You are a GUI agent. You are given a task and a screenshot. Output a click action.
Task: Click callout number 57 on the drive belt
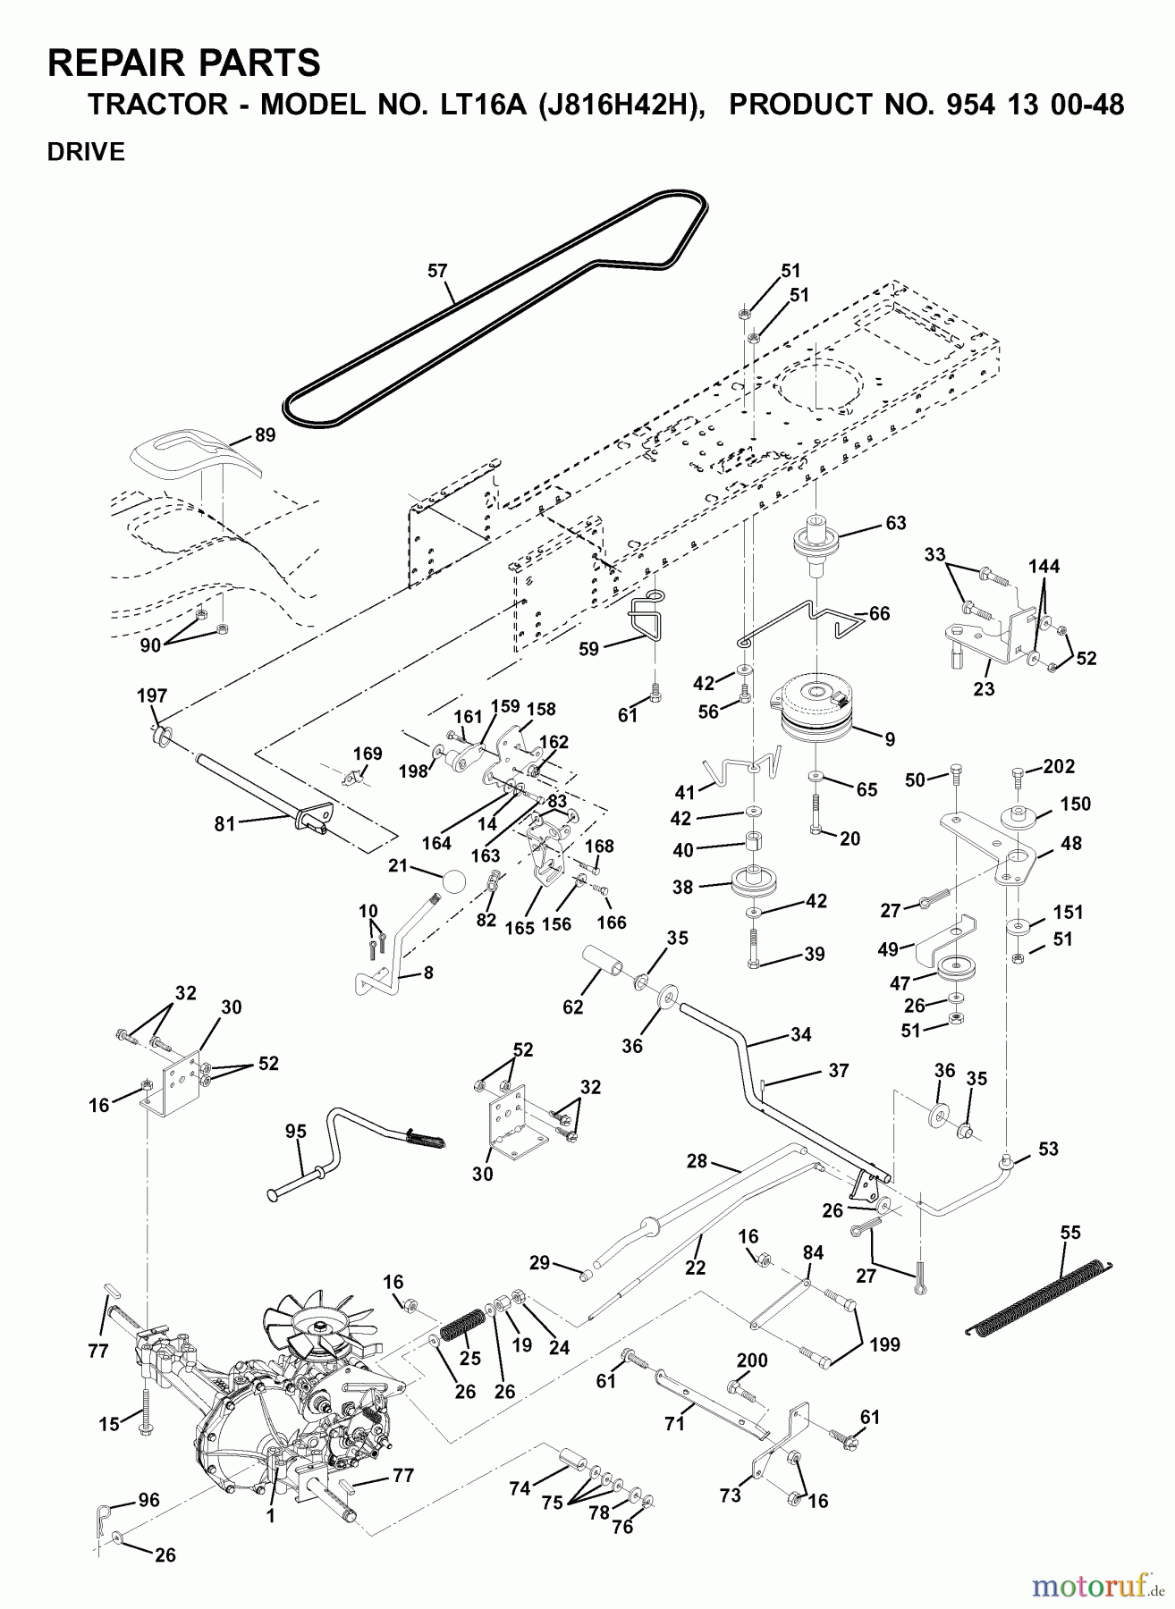pos(437,271)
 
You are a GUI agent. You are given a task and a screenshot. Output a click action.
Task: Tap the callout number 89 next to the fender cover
pos(265,435)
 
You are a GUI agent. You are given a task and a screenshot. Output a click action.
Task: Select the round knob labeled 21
pos(453,880)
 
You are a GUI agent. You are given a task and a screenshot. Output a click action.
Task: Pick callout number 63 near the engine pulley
pos(895,523)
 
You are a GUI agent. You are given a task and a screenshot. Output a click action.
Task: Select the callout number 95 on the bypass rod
pos(296,1132)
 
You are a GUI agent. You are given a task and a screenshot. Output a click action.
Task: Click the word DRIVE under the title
pos(86,152)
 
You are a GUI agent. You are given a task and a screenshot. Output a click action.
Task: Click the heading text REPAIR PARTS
pos(183,64)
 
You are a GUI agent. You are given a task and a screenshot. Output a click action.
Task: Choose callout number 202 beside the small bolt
pos(1059,767)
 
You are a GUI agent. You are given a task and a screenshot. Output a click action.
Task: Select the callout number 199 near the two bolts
pos(884,1344)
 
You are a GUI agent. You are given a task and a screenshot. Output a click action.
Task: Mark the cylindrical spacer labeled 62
pos(605,968)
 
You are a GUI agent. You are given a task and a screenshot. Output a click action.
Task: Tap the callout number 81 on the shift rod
pos(224,823)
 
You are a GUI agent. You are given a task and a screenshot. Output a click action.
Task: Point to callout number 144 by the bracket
pos(1044,566)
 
